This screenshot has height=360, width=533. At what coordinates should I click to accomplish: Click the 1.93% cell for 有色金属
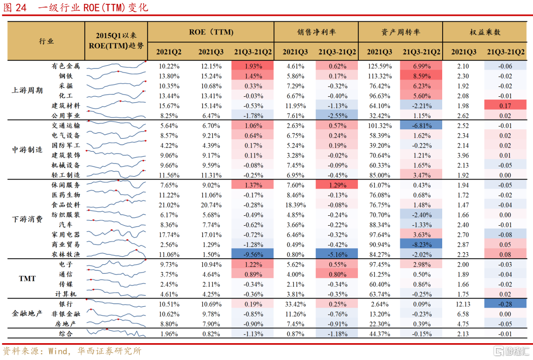[253, 66]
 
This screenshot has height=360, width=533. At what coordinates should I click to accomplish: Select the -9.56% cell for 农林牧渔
[253, 254]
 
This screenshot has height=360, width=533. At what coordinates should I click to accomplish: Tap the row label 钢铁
[66, 76]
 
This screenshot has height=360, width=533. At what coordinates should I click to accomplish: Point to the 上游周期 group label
[28, 91]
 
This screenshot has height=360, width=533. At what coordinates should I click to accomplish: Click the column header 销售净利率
[316, 32]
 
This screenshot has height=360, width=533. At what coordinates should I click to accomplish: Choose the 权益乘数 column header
[485, 32]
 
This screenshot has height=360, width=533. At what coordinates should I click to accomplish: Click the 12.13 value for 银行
[463, 304]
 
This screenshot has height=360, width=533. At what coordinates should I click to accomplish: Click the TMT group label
[28, 279]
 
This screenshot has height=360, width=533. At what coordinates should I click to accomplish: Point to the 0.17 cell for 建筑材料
[505, 106]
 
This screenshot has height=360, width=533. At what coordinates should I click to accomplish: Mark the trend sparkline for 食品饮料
[116, 204]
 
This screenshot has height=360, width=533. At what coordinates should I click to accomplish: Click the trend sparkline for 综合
[116, 334]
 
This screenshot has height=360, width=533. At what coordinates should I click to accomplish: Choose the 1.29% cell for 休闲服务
[337, 185]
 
